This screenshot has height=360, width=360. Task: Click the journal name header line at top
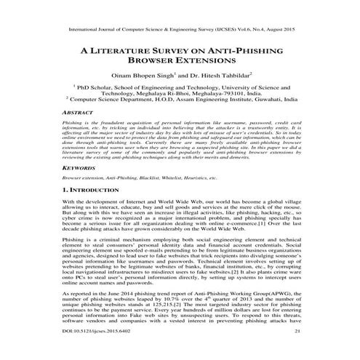(x=180, y=31)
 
